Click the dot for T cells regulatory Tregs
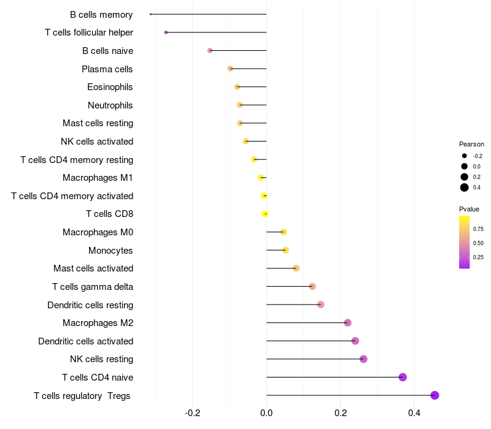[x=435, y=395]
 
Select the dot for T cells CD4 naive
[x=403, y=377]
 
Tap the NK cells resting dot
[x=363, y=359]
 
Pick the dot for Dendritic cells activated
[x=355, y=341]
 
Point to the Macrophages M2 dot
[x=347, y=323]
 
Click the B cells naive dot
[x=210, y=50]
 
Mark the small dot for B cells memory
[x=151, y=14]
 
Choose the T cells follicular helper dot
[x=166, y=32]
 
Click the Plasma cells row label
[x=107, y=69]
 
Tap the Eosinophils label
[x=110, y=87]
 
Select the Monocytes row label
[x=110, y=250]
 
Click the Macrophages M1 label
[x=98, y=178]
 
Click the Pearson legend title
[x=471, y=144]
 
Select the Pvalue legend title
[x=469, y=209]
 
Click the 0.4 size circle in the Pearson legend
[x=465, y=188]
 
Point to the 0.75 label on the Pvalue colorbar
[x=478, y=229]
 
